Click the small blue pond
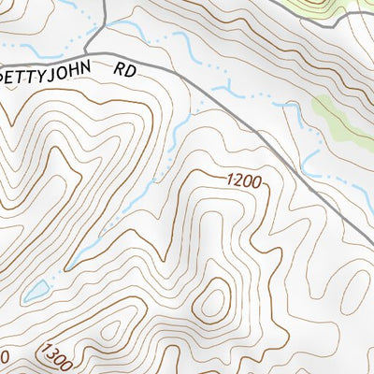point(36,292)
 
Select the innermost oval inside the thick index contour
point(214,301)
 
